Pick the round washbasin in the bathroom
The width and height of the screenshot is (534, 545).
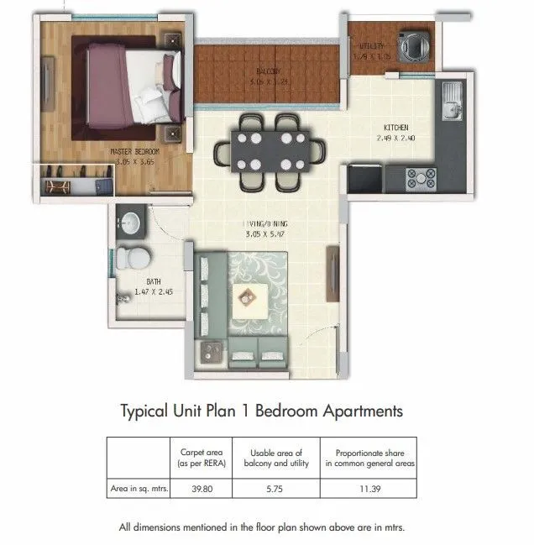(131, 223)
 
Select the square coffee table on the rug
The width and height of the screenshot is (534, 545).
(249, 294)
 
